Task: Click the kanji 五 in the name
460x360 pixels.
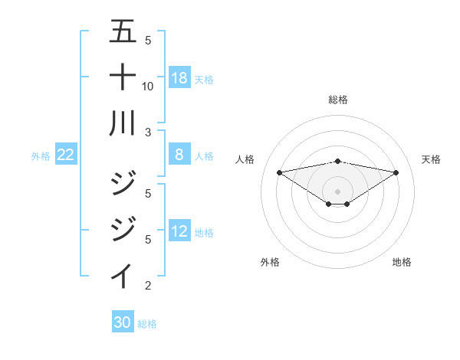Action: tap(123, 33)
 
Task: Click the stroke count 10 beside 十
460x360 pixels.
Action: tap(148, 86)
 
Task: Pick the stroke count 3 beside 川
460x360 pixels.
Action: tap(148, 131)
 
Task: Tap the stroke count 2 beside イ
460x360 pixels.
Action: tap(148, 286)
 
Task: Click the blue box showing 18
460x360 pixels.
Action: tap(179, 78)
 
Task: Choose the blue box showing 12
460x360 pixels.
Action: tap(179, 232)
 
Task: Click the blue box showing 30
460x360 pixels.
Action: tap(123, 322)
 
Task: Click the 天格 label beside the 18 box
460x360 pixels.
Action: tap(204, 79)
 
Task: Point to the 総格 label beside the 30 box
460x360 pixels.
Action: tap(147, 323)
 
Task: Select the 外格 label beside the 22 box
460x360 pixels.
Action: tap(41, 156)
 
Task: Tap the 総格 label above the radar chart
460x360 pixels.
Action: tap(337, 100)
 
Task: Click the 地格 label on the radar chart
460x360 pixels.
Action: tap(402, 262)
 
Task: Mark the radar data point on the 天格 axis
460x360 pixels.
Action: tap(396, 172)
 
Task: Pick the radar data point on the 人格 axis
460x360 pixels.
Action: tap(279, 172)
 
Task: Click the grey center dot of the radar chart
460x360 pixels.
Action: tap(337, 191)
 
